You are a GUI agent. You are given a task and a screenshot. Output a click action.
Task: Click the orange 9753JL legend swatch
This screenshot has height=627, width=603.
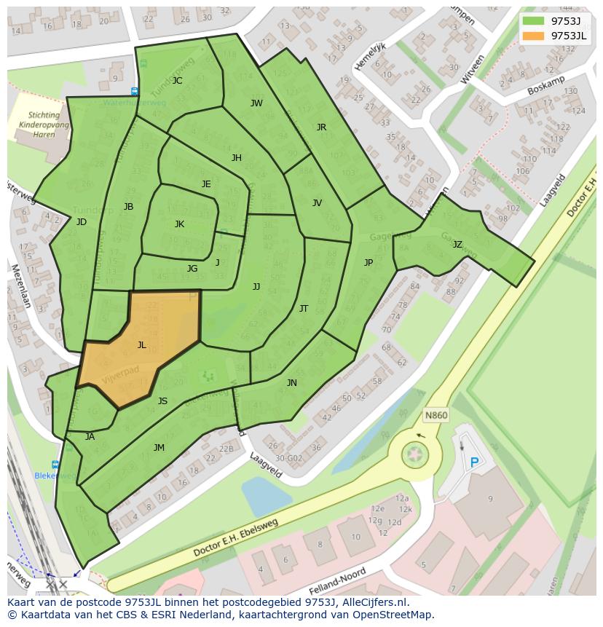[x=533, y=36]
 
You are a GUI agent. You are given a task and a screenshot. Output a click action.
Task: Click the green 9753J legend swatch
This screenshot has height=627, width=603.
[x=533, y=21]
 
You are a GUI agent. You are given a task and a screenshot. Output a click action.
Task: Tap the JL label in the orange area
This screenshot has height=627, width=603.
[x=142, y=345]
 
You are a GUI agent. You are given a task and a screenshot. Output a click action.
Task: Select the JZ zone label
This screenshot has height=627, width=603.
[x=457, y=245]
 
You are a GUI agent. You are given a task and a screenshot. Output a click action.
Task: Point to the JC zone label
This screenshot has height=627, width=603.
[x=177, y=81]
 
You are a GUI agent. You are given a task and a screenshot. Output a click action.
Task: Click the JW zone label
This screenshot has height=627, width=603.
[x=256, y=103]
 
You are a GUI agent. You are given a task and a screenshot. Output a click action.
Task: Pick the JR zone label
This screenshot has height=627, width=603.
[x=321, y=127]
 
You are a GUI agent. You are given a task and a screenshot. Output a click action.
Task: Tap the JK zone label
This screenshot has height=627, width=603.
[x=179, y=224]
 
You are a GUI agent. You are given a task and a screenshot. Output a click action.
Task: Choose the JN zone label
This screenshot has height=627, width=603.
[x=291, y=383]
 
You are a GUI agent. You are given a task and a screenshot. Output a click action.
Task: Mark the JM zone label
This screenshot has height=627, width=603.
[x=159, y=448]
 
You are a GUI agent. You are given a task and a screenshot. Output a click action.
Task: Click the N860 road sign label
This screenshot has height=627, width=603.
[x=435, y=416]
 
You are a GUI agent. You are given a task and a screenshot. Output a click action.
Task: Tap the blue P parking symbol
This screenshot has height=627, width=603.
[x=475, y=462]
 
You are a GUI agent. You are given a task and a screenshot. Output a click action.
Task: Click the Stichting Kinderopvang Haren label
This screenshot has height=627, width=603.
[x=44, y=125]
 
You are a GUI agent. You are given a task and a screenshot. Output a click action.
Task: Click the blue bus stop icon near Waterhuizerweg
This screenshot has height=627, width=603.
[x=135, y=92]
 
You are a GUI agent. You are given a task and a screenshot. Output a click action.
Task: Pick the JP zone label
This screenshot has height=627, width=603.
[x=368, y=263]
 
